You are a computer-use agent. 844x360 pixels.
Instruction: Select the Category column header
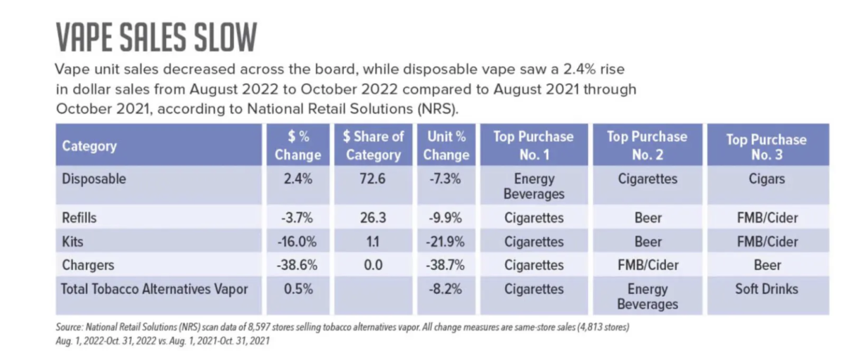[x=89, y=146]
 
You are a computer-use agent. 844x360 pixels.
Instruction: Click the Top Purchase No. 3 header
[x=766, y=146]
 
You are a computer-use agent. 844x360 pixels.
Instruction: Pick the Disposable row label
[x=94, y=179]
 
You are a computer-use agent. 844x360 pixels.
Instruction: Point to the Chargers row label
[x=89, y=265]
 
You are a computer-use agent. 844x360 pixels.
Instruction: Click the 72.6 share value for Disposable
[x=373, y=179]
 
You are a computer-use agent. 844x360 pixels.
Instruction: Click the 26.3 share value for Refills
[x=373, y=218]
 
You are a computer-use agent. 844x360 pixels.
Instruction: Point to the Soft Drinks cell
[x=766, y=289]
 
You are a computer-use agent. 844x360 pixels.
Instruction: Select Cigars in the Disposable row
[x=766, y=179]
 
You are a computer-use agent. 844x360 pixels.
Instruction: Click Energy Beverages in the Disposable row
[x=534, y=186]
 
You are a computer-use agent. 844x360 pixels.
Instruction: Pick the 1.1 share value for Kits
[x=373, y=242]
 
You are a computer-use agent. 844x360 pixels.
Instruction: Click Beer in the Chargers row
[x=766, y=265]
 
